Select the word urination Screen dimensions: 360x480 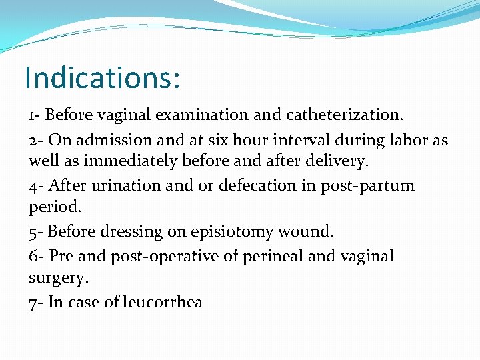coord(125,185)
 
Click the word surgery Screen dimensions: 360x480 coord(57,277)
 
